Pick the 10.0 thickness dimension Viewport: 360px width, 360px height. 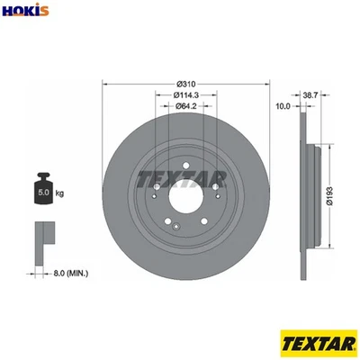click(283, 106)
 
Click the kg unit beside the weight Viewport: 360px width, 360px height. click(59, 193)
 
